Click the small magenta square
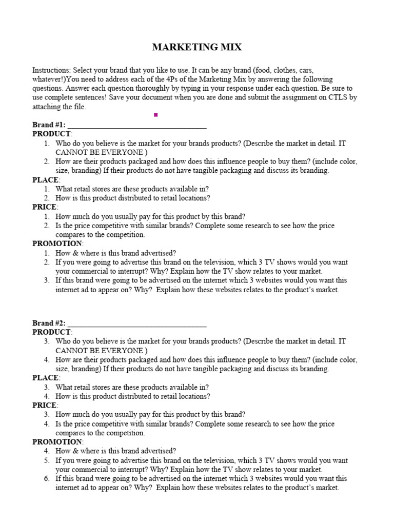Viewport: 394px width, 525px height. pos(155,115)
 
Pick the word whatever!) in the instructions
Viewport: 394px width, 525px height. pos(49,79)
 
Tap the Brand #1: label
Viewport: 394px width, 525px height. pos(49,125)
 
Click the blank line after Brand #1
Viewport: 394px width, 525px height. pos(137,126)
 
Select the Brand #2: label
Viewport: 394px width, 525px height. pos(49,323)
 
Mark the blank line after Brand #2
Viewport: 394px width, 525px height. pos(137,324)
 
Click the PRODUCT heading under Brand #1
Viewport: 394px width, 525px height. pos(51,134)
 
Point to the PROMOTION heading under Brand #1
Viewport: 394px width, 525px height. pos(57,244)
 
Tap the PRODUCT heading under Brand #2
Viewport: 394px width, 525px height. pos(51,332)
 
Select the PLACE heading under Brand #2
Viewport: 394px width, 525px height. pos(46,378)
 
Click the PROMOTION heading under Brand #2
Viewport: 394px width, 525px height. pos(57,442)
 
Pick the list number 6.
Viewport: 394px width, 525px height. pos(47,479)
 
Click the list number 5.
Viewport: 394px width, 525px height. pos(47,460)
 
